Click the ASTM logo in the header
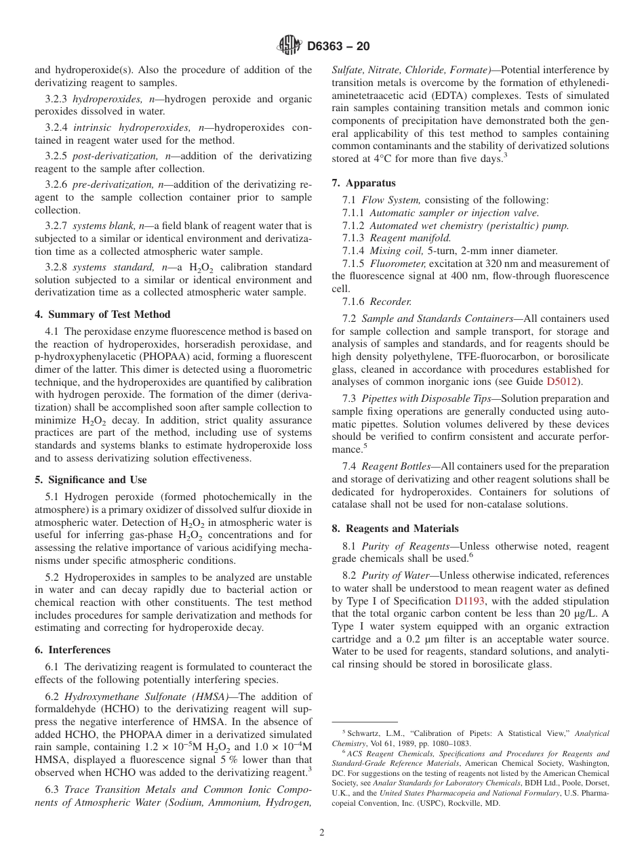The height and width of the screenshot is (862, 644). (289, 46)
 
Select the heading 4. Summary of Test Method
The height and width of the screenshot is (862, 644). (102, 314)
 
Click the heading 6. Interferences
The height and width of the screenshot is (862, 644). (73, 650)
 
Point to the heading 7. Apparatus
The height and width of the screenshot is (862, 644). (363, 183)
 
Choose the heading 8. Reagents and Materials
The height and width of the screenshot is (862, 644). (395, 529)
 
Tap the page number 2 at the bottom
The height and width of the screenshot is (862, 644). (322, 833)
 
